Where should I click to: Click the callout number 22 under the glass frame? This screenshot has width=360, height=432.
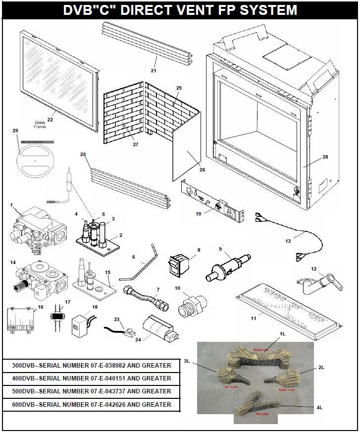tap(50, 119)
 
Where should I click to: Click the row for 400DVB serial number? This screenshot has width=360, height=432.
tap(92, 378)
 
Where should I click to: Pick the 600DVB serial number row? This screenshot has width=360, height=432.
tap(92, 405)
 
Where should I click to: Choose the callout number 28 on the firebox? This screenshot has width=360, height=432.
tap(325, 157)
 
